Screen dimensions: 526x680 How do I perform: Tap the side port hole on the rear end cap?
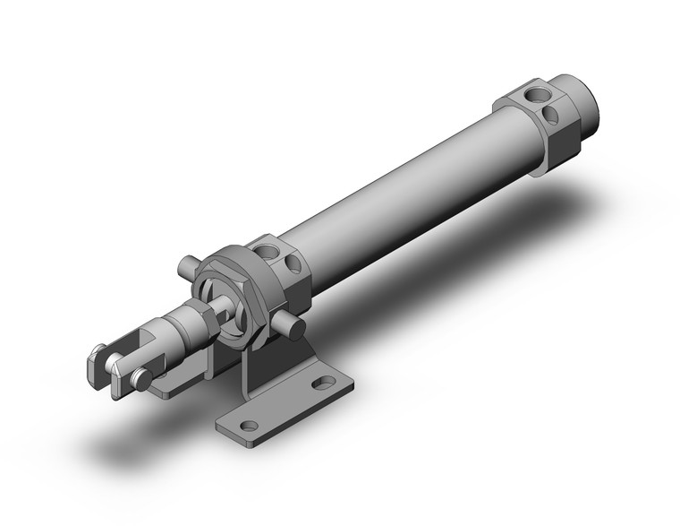click(554, 115)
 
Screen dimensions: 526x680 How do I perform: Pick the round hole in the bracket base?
click(250, 426)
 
